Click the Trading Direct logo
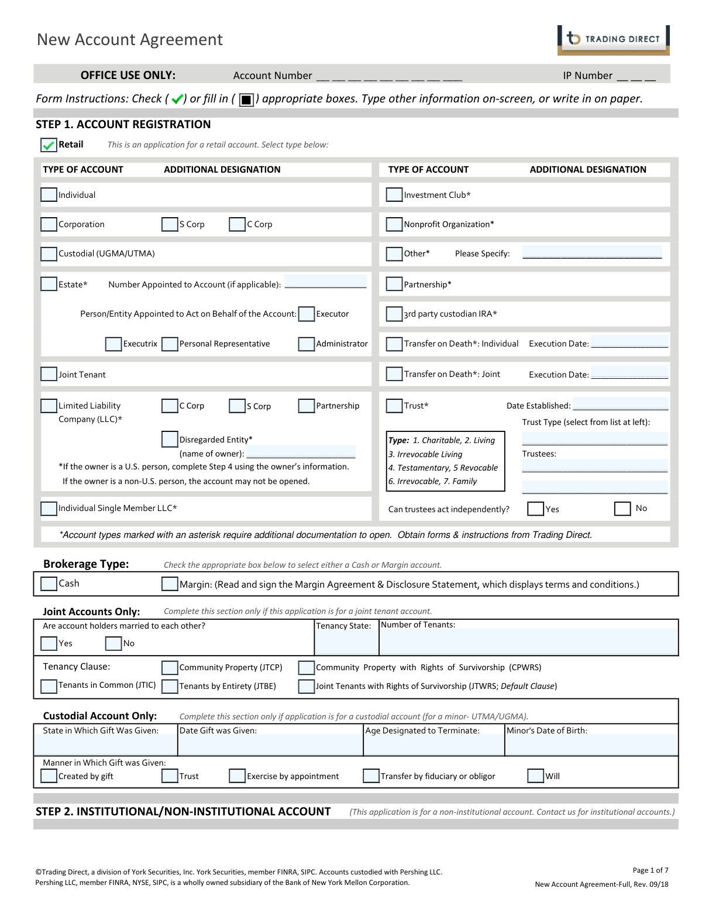coord(613,40)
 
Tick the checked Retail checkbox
coord(49,145)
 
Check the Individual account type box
coord(49,195)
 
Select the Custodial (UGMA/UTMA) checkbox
coord(49,254)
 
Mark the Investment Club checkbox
coord(394,195)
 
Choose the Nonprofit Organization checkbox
coord(394,224)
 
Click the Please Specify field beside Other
coord(591,253)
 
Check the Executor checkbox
coord(307,314)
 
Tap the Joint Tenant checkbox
coord(49,375)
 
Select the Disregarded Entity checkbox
coord(170,439)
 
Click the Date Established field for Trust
coord(620,404)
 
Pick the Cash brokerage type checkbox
coord(49,584)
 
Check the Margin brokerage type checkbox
coord(170,584)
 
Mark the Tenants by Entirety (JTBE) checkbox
coord(170,686)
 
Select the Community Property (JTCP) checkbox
coord(170,668)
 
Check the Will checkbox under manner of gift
coord(535,776)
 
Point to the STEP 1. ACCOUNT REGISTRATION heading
coord(123,125)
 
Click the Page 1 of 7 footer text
coord(650,870)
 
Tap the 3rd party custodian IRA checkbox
coord(394,314)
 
